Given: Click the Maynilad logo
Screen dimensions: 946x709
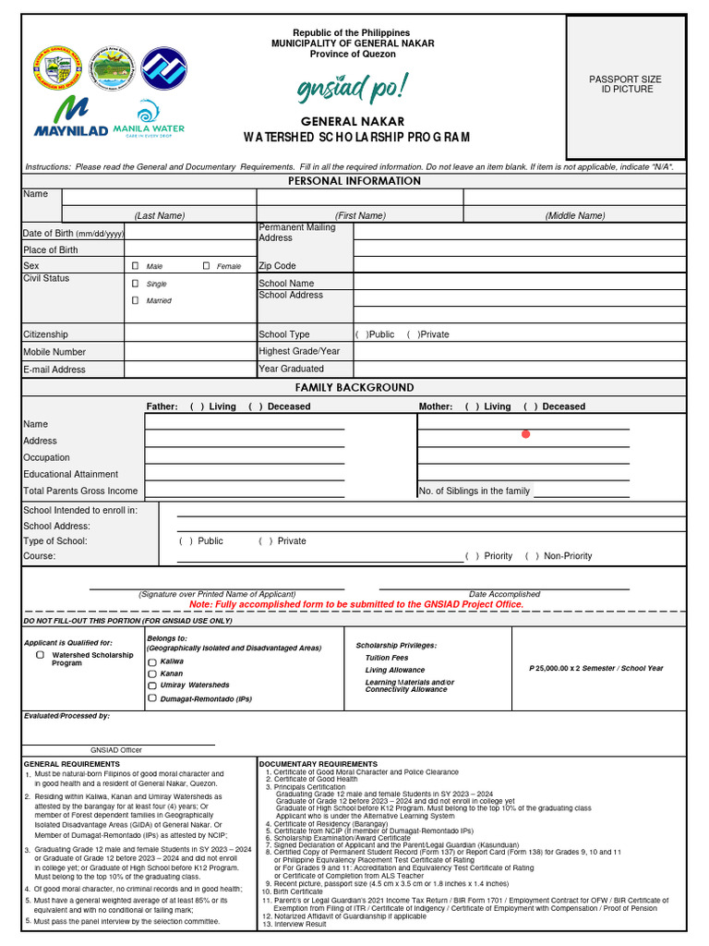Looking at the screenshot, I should point(70,116).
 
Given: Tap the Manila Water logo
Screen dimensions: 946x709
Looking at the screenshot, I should point(149,120).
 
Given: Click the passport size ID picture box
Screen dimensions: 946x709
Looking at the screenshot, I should point(625,84).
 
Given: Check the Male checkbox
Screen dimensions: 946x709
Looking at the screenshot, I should point(135,266).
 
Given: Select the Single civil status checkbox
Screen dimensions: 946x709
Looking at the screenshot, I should point(135,284).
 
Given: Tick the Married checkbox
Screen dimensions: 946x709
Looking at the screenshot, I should point(135,300).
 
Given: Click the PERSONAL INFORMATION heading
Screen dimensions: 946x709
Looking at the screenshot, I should point(354,181).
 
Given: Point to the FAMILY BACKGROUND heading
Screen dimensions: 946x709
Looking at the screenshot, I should point(354,387).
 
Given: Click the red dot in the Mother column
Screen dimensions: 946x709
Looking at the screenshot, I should point(526,434).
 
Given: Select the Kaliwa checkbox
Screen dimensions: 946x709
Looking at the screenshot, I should point(152,662).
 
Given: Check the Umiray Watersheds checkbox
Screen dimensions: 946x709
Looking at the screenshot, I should point(152,685).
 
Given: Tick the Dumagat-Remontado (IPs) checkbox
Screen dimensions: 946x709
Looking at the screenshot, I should point(152,698).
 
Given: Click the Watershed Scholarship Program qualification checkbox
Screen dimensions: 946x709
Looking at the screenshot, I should point(41,654).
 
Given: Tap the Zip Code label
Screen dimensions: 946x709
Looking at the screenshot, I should point(277,266).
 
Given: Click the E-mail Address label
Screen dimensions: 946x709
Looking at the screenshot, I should point(54,370).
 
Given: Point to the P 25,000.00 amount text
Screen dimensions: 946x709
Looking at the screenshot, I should point(595,668).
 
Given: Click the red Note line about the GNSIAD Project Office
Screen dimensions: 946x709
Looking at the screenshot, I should point(355,604).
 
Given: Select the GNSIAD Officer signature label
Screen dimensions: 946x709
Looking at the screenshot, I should point(116,750).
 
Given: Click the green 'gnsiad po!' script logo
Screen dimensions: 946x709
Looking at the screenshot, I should point(351,89).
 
